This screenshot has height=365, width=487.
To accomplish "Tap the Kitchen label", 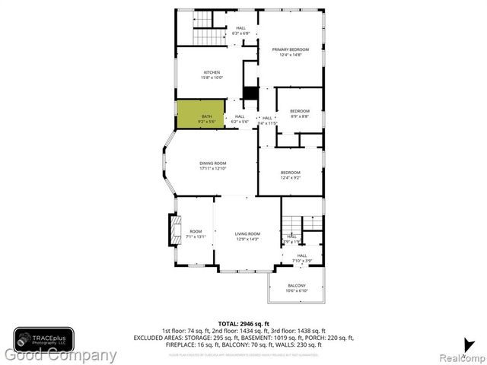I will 212,75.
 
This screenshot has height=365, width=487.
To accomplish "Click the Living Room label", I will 247,236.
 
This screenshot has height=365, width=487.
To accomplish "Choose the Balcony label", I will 297,287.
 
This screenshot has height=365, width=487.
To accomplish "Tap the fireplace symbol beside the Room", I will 173,228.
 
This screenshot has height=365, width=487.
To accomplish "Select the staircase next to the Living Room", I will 291,224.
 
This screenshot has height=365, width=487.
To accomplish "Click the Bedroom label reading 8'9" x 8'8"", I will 299,114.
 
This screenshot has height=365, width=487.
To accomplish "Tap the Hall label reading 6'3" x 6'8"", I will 240,31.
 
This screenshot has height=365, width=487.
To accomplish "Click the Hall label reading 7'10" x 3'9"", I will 302,258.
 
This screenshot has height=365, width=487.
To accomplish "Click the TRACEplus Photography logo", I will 43,338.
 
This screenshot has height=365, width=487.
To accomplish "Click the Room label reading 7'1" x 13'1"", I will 196,234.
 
